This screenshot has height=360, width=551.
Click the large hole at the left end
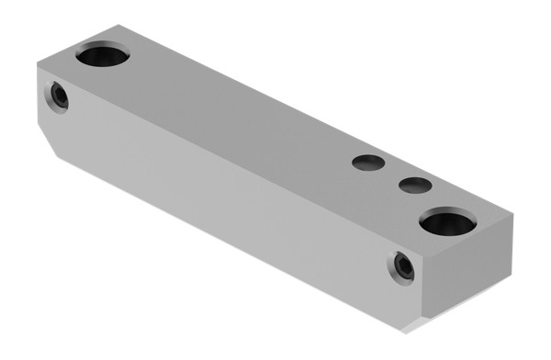(x=102, y=56)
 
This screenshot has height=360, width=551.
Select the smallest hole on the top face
(x=415, y=186)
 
